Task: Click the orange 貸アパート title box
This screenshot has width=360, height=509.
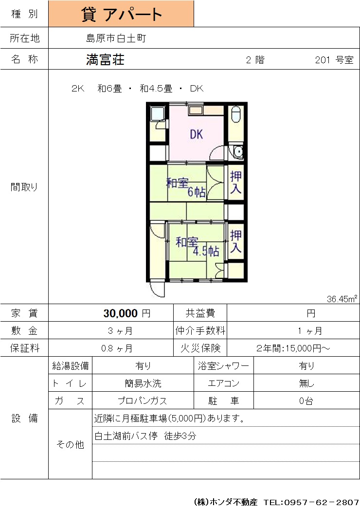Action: [x=121, y=14]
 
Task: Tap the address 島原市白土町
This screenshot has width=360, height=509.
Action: [x=116, y=38]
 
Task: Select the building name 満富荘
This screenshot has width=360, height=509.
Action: [x=105, y=60]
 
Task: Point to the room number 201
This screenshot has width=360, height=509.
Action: [x=323, y=60]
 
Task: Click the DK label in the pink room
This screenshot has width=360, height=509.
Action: [x=197, y=134]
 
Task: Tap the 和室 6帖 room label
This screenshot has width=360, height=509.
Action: [x=186, y=187]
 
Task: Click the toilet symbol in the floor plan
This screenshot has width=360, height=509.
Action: [x=236, y=114]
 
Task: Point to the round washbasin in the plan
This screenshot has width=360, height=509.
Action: [x=238, y=152]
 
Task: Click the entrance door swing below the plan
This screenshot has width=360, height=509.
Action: [x=158, y=290]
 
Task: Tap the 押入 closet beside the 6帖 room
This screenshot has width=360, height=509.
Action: [x=235, y=183]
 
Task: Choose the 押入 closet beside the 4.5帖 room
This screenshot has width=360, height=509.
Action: [x=235, y=241]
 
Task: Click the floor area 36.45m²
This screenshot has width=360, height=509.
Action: [x=342, y=299]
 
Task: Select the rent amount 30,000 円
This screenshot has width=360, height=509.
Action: [x=127, y=313]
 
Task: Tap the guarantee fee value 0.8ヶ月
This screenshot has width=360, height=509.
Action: [x=117, y=348]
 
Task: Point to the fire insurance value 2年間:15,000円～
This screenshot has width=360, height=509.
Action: [x=293, y=348]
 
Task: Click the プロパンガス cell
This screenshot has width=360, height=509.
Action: [x=143, y=401]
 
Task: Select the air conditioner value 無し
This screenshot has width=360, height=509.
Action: [x=306, y=383]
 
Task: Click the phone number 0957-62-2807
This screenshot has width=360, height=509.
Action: [x=321, y=502]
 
